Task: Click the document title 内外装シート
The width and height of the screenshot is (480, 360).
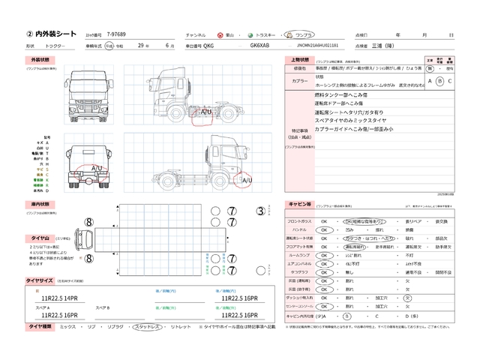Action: [53, 34]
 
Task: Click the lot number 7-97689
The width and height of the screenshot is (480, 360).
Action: [117, 34]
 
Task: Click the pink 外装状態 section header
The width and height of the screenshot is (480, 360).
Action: [40, 58]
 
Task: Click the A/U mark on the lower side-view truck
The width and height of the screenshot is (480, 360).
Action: [247, 180]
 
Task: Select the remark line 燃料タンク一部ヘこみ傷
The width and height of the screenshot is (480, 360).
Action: [340, 96]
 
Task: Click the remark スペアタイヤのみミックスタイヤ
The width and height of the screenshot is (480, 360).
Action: [350, 121]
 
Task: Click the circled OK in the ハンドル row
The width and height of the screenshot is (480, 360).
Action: [324, 230]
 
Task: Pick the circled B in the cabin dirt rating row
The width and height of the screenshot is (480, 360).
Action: [346, 316]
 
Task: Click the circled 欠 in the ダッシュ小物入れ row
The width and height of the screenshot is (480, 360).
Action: [407, 297]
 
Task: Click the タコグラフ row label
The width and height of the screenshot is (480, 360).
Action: [298, 271]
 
